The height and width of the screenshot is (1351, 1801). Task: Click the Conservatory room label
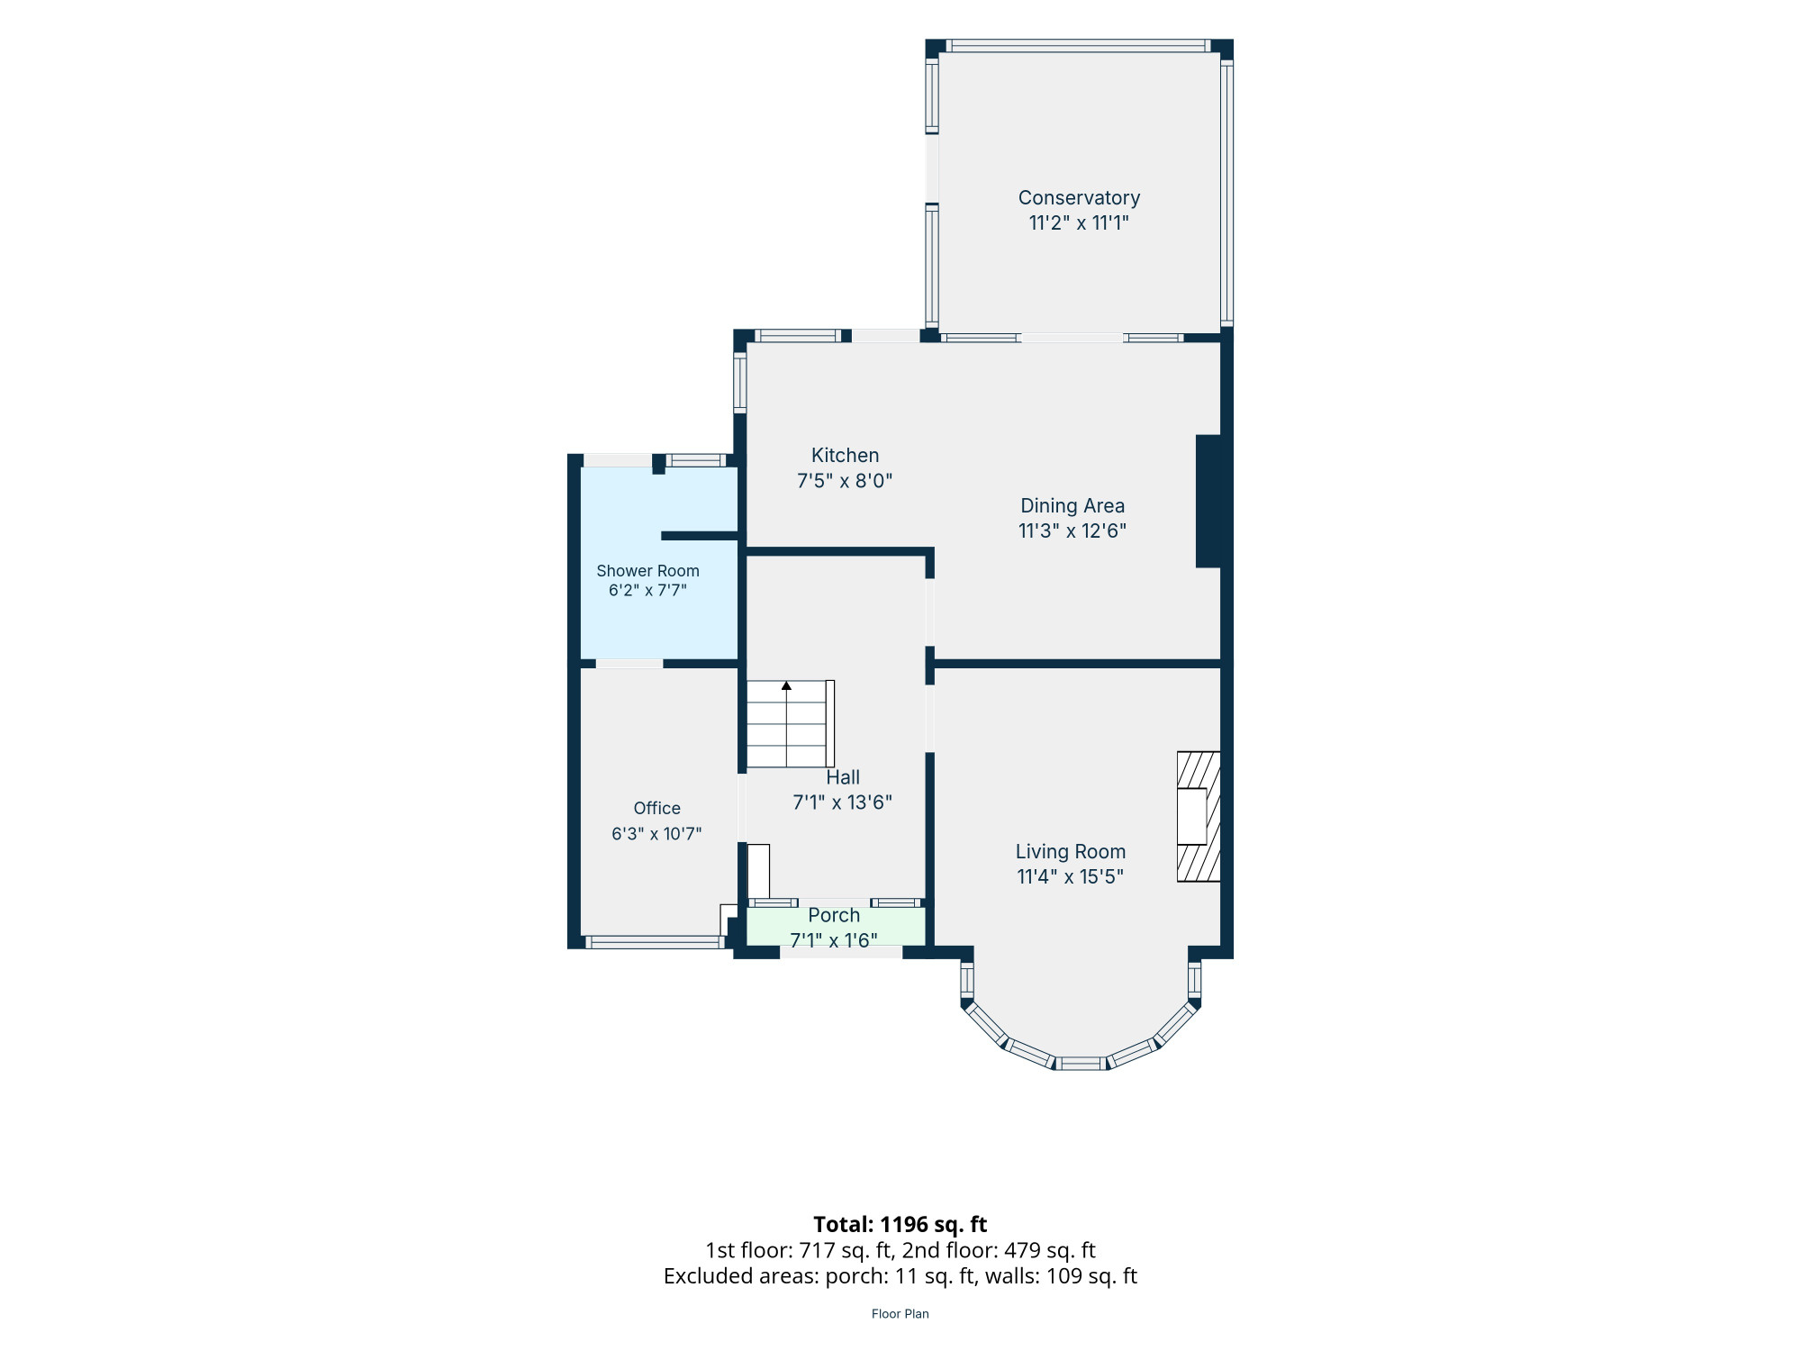[1079, 198]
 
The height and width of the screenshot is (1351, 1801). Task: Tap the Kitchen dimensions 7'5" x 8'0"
[845, 481]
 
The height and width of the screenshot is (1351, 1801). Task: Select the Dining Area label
[1072, 506]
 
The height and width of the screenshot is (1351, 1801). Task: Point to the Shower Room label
[647, 571]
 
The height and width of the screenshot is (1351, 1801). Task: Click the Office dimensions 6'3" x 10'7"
[656, 834]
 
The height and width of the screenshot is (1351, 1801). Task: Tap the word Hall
[843, 777]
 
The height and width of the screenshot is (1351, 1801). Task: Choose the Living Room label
[1071, 852]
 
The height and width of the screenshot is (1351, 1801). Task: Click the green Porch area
[836, 927]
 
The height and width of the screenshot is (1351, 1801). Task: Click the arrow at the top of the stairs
[786, 686]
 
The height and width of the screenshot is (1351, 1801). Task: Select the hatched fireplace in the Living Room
[1199, 817]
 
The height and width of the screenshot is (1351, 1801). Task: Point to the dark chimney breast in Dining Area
[1208, 502]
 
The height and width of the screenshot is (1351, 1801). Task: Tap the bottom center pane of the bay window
[1081, 1064]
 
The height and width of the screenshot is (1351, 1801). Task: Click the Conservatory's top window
[1078, 46]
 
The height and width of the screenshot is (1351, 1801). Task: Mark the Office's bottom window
[655, 942]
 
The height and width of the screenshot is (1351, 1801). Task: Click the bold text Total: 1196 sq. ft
[900, 1225]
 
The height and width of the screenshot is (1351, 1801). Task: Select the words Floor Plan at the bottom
[900, 1314]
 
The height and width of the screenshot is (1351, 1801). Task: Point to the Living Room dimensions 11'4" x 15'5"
[1071, 877]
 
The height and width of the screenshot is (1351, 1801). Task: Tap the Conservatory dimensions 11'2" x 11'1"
[1079, 223]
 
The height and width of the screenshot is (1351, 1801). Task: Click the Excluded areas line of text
[900, 1276]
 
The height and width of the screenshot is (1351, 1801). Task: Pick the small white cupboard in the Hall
[759, 871]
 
